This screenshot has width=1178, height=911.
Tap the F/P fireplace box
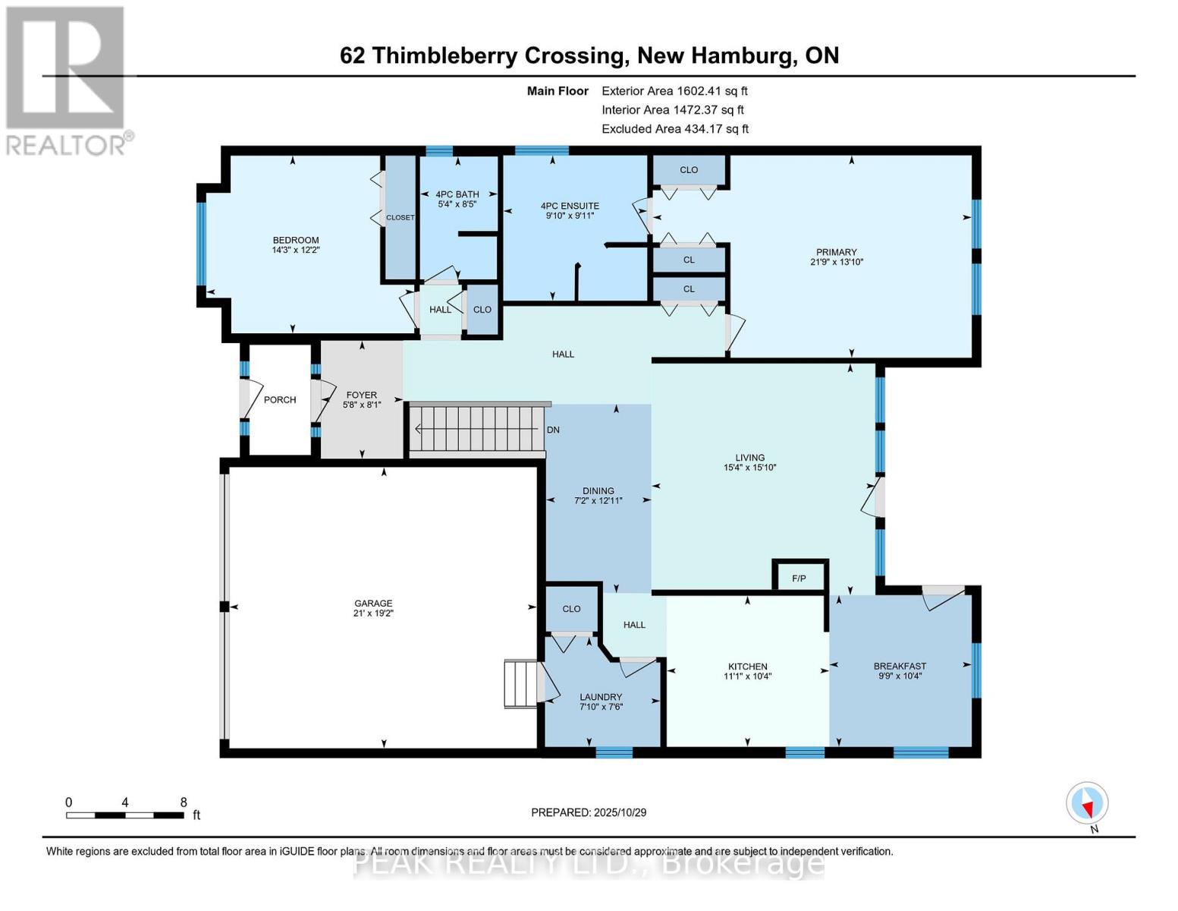pyautogui.click(x=799, y=578)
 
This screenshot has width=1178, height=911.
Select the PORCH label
pyautogui.click(x=280, y=400)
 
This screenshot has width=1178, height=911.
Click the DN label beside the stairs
pyautogui.click(x=553, y=430)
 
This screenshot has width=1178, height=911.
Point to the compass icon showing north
pyautogui.click(x=1087, y=803)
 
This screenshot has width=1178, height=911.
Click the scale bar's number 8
pyautogui.click(x=184, y=802)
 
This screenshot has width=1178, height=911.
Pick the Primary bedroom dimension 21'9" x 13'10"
pyautogui.click(x=837, y=262)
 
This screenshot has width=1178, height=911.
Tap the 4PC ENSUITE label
pyautogui.click(x=570, y=206)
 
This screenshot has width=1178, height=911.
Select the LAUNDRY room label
pyautogui.click(x=601, y=697)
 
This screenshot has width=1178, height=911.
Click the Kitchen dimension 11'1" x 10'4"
pyautogui.click(x=748, y=676)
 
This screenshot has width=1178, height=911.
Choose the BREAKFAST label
pyautogui.click(x=900, y=667)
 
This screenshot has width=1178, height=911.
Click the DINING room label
pyautogui.click(x=598, y=491)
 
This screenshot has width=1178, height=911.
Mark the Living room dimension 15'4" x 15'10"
pyautogui.click(x=749, y=468)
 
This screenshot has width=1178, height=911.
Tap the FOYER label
pyautogui.click(x=362, y=395)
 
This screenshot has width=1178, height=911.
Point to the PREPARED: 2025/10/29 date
pyautogui.click(x=589, y=812)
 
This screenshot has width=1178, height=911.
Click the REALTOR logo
pyautogui.click(x=67, y=80)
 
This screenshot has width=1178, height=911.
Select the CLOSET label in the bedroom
pyautogui.click(x=400, y=218)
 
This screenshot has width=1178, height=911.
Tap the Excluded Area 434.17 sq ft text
pyautogui.click(x=675, y=129)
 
